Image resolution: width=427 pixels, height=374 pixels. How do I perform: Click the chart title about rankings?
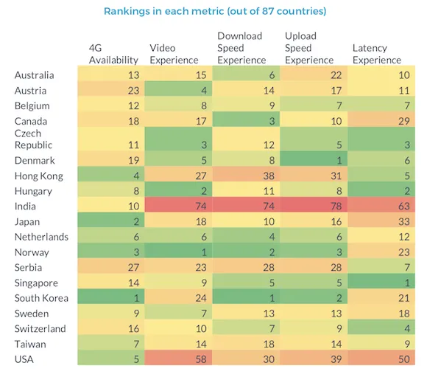tap(215, 11)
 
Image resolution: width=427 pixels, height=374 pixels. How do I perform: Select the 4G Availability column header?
tap(113, 54)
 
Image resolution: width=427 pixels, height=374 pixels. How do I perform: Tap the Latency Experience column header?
tap(377, 54)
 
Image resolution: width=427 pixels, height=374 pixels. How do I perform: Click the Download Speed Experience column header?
tap(241, 48)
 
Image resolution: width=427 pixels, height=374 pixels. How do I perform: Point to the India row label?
tap(25, 207)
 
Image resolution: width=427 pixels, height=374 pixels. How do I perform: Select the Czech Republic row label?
tap(33, 139)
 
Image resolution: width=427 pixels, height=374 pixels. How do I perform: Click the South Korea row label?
tap(41, 298)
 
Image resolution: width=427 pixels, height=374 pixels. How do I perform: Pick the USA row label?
tap(24, 359)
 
